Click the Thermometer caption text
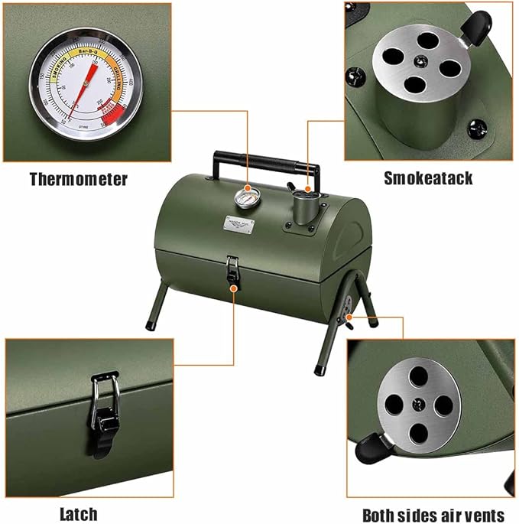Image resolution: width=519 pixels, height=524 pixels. point(78,180)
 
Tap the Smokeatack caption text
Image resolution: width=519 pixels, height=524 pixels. point(428,179)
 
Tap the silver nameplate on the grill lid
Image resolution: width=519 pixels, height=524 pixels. point(239,224)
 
